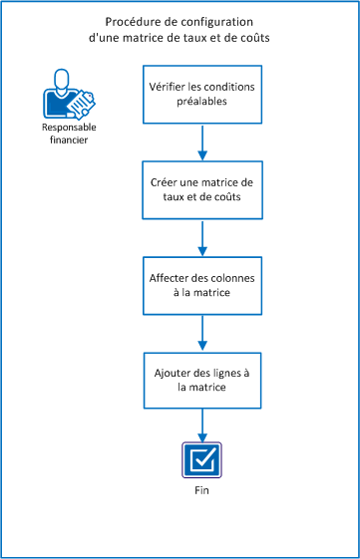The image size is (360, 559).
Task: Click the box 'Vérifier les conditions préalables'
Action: point(203,94)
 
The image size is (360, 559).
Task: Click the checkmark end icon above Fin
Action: point(203,461)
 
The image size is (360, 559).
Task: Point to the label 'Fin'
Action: point(203,491)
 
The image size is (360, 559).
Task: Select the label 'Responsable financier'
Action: point(70,135)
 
